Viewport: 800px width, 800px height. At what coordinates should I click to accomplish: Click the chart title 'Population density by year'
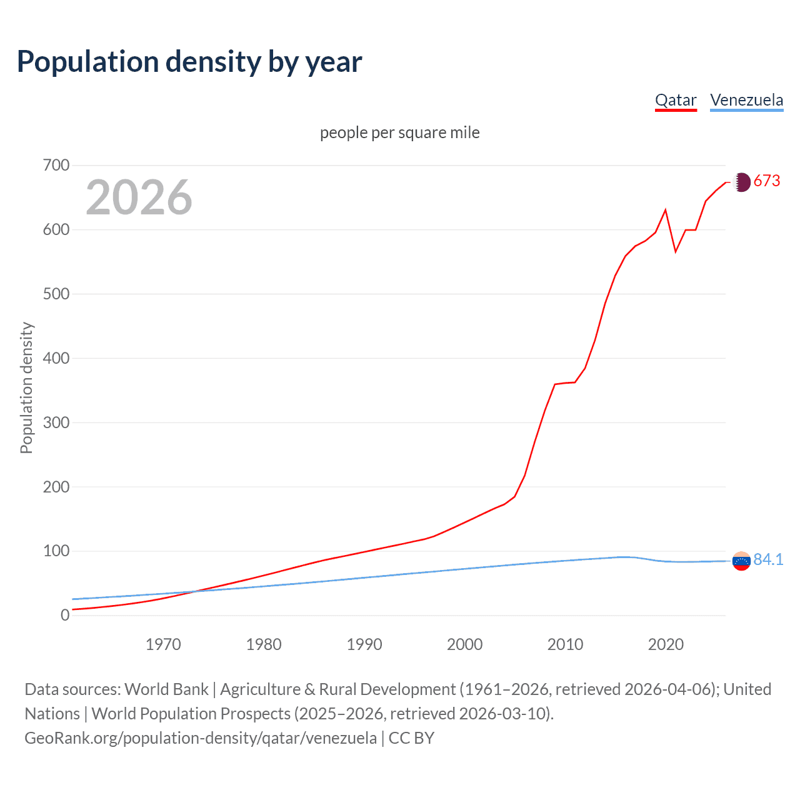(x=189, y=62)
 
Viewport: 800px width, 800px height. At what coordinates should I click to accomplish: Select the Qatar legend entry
(x=676, y=100)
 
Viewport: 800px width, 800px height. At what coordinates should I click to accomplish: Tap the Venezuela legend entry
(x=746, y=100)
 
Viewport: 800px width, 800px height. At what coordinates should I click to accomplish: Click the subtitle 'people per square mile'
(x=400, y=132)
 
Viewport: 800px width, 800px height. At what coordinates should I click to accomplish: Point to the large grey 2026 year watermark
(x=139, y=197)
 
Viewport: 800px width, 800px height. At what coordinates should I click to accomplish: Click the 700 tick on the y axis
(x=56, y=166)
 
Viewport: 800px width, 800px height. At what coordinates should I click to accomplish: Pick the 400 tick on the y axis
(x=56, y=359)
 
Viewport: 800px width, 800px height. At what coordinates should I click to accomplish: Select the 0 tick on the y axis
(x=65, y=616)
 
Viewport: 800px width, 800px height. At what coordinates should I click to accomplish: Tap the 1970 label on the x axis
(x=163, y=644)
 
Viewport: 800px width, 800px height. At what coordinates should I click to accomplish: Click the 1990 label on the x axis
(x=364, y=644)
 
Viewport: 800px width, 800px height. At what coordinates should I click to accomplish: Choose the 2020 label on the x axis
(x=666, y=644)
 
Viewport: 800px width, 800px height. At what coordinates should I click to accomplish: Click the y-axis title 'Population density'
(x=26, y=387)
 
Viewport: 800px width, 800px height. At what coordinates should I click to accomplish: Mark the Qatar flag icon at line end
(x=741, y=182)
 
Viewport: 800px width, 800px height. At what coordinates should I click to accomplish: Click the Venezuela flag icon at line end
(x=741, y=561)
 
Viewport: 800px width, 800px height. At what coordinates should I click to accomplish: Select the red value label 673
(x=767, y=181)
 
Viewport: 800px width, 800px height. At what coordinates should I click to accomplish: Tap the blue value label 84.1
(x=768, y=559)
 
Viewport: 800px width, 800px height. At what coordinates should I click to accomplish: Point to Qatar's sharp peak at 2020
(x=666, y=210)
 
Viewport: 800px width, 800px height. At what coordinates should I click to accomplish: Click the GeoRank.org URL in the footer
(x=201, y=738)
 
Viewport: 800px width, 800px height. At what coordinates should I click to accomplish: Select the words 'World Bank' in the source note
(x=166, y=689)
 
